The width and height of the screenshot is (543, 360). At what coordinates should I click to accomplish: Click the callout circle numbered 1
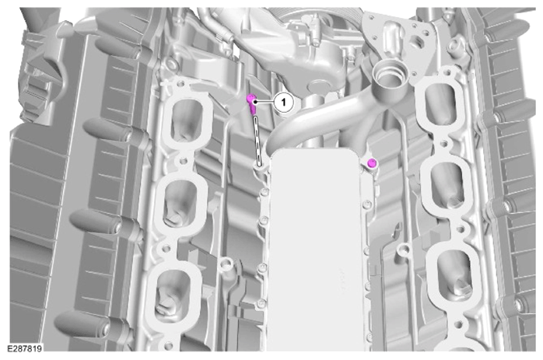pyautogui.click(x=284, y=102)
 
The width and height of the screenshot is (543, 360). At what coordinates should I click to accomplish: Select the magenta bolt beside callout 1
pyautogui.click(x=252, y=104)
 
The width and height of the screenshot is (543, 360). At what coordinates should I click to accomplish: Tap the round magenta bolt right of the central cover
pyautogui.click(x=372, y=163)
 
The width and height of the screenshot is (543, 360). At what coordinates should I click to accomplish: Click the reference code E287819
pyautogui.click(x=24, y=348)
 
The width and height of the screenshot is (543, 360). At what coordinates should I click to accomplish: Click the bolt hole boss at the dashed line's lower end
pyautogui.click(x=259, y=167)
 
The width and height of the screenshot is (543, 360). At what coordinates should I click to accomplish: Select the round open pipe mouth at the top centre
pyautogui.click(x=385, y=75)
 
